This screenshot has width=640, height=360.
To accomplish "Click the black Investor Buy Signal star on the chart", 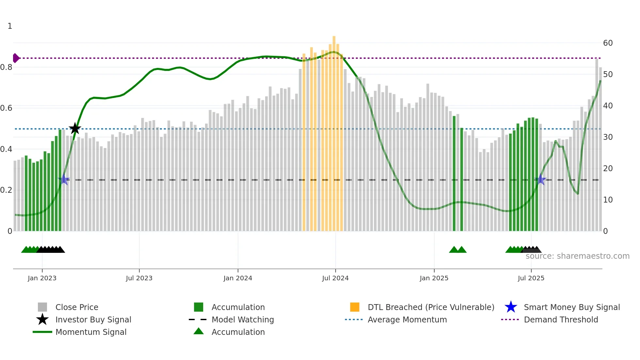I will click(75, 128).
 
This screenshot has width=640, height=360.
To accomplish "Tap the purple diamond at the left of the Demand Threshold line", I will click(16, 58).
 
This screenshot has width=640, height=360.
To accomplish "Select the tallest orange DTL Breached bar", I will click(334, 131).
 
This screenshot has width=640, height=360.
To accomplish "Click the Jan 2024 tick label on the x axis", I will click(238, 278).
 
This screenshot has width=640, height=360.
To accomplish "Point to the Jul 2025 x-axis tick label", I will click(531, 278).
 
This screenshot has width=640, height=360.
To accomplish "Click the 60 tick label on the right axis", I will click(608, 43).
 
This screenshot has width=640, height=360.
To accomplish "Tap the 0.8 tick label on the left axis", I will click(7, 67).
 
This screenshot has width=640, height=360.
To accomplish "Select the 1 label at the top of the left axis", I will click(10, 26).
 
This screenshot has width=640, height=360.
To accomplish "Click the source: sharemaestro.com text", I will click(577, 256).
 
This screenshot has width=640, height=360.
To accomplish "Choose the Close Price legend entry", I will click(77, 307).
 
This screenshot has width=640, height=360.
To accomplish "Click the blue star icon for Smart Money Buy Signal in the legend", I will click(511, 307).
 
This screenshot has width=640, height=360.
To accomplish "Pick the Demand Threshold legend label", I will click(561, 319).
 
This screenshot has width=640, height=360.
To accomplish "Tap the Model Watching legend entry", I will click(242, 319).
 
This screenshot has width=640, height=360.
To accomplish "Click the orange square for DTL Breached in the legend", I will click(355, 307).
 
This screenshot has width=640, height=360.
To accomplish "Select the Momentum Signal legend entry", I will click(91, 332).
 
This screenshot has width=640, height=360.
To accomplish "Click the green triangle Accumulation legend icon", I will click(199, 331).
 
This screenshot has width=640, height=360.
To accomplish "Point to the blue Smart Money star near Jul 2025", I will click(541, 179).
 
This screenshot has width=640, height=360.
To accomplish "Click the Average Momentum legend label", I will click(407, 319).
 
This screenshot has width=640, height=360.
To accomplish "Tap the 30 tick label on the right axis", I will click(608, 137).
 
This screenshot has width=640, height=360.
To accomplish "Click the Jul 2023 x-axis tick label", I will click(139, 278).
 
